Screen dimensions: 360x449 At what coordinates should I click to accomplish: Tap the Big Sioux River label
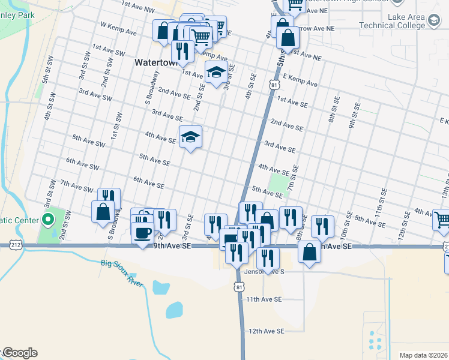point(122,272)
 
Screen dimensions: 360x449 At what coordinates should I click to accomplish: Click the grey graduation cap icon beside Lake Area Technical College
point(432,22)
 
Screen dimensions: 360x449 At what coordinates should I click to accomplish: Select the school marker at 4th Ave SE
point(190,137)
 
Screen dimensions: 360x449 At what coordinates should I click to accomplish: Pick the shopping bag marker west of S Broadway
point(103,211)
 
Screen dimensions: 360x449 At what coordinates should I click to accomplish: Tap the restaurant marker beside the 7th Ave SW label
point(109,198)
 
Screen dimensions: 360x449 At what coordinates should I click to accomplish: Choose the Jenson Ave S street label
point(264,271)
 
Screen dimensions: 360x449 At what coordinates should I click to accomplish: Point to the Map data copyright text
point(423,355)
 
